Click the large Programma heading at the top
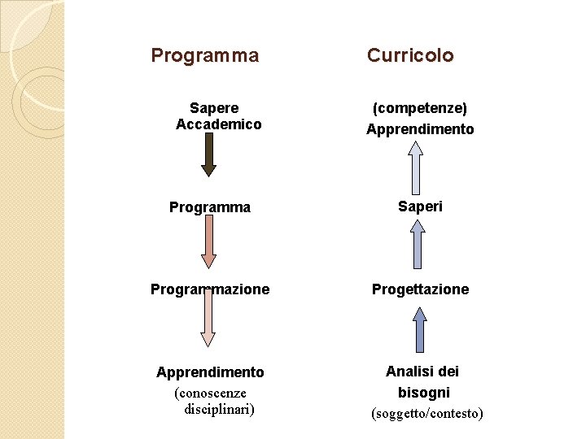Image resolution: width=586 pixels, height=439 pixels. [205, 55]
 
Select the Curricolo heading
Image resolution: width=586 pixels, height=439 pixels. [410, 55]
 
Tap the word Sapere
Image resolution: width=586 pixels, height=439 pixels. [214, 107]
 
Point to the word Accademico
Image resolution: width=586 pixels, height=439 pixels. [219, 124]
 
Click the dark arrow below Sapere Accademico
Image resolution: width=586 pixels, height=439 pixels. [208, 154]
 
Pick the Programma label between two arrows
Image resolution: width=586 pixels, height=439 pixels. [210, 207]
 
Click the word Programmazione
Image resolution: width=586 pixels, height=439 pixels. [210, 289]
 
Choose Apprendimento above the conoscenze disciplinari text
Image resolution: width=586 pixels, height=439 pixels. [210, 372]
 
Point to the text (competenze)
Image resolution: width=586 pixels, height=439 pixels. [420, 107]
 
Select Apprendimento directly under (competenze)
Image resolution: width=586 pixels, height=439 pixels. [420, 129]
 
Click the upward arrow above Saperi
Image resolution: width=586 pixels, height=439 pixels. [416, 167]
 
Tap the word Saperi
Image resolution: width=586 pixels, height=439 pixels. [420, 206]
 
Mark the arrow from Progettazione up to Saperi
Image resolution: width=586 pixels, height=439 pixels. [418, 245]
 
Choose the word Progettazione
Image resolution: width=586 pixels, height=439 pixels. [421, 289]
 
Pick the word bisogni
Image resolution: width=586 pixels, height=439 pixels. [423, 393]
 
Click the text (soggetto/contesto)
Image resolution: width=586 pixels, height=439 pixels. [427, 414]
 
